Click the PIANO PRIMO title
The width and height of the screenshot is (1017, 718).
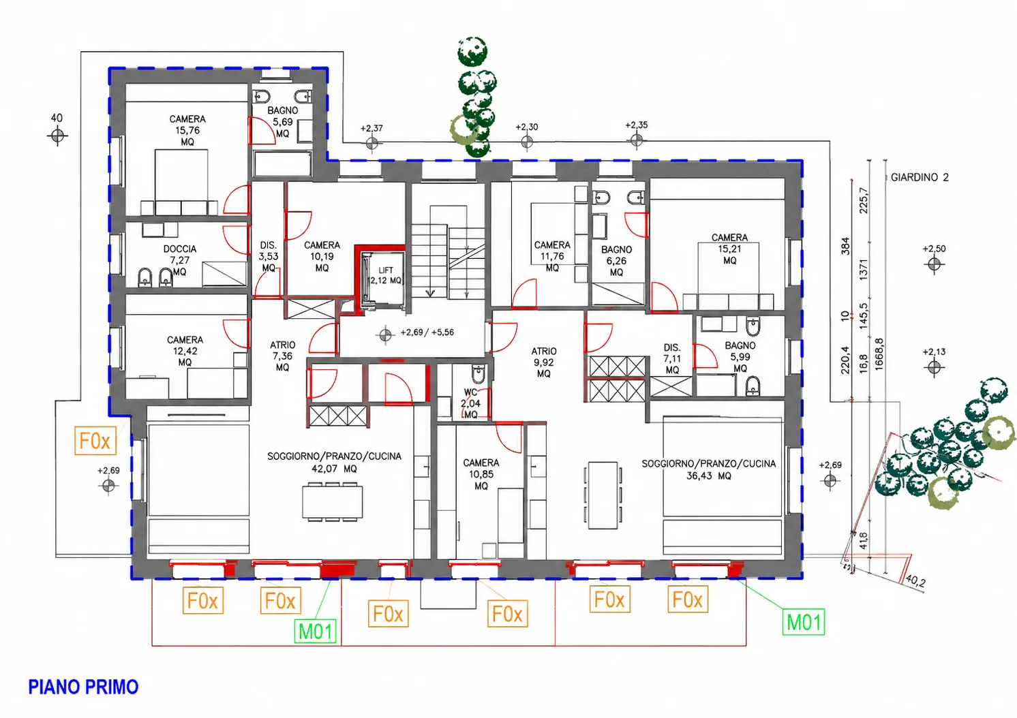pyautogui.click(x=83, y=687)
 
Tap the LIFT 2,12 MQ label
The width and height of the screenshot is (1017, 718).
pyautogui.click(x=385, y=275)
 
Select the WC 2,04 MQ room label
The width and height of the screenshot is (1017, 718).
pyautogui.click(x=470, y=403)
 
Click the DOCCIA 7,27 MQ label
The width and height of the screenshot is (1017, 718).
pyautogui.click(x=180, y=260)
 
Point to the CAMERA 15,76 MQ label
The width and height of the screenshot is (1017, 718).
pyautogui.click(x=187, y=130)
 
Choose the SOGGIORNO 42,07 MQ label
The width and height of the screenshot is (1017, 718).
pyautogui.click(x=334, y=462)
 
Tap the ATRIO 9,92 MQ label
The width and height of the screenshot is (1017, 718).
pyautogui.click(x=544, y=362)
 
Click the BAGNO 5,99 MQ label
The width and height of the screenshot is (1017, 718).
pyautogui.click(x=740, y=357)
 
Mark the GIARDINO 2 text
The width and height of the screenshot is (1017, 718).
pyautogui.click(x=920, y=178)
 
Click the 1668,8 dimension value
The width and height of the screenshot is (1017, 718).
pyautogui.click(x=879, y=354)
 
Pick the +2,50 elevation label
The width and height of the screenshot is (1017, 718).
pyautogui.click(x=934, y=249)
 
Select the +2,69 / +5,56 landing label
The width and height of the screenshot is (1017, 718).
pyautogui.click(x=427, y=332)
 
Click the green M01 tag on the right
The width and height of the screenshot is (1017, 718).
pyautogui.click(x=804, y=622)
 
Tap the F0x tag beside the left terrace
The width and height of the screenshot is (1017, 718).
pyautogui.click(x=95, y=440)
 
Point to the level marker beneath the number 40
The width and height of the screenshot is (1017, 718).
pyautogui.click(x=57, y=136)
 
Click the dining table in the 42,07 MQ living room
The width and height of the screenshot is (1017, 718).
pyautogui.click(x=333, y=502)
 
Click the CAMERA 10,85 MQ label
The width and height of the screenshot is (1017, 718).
pyautogui.click(x=481, y=474)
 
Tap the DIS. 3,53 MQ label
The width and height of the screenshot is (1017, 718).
pyautogui.click(x=269, y=256)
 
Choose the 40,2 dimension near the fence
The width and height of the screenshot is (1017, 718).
pyautogui.click(x=915, y=580)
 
